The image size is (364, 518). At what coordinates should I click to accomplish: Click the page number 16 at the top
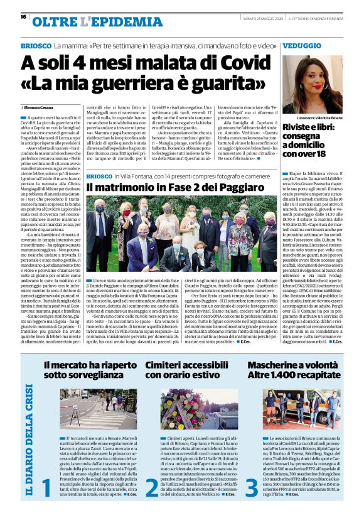(x=23, y=17)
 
